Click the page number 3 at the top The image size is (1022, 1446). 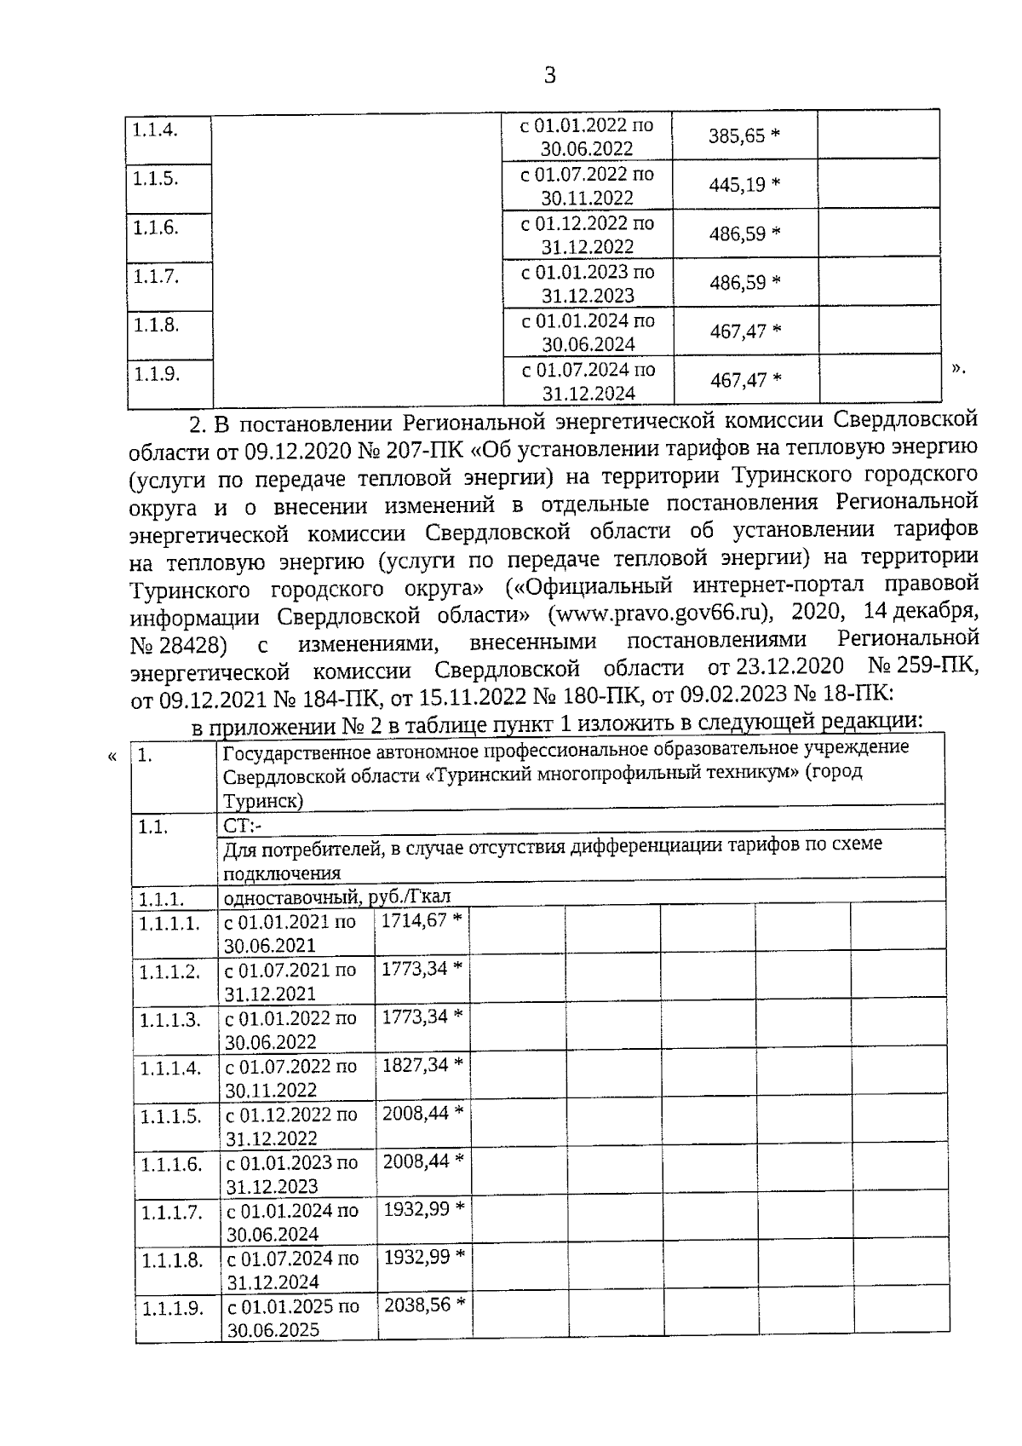click(x=549, y=76)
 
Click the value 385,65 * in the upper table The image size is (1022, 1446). click(x=744, y=136)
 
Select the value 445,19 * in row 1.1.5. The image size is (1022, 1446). click(x=744, y=185)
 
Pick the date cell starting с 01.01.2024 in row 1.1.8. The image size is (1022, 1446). click(x=589, y=333)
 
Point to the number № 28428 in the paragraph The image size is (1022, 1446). click(x=179, y=644)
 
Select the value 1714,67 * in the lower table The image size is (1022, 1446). click(x=421, y=921)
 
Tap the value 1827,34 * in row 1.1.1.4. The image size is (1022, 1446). click(x=422, y=1065)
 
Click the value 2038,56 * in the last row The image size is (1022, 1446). click(x=424, y=1305)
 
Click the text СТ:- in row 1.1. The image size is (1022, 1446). click(x=243, y=827)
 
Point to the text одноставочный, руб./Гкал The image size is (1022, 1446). click(x=336, y=897)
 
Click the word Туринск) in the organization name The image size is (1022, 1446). click(x=262, y=802)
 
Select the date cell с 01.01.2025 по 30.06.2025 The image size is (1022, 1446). click(x=292, y=1318)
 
